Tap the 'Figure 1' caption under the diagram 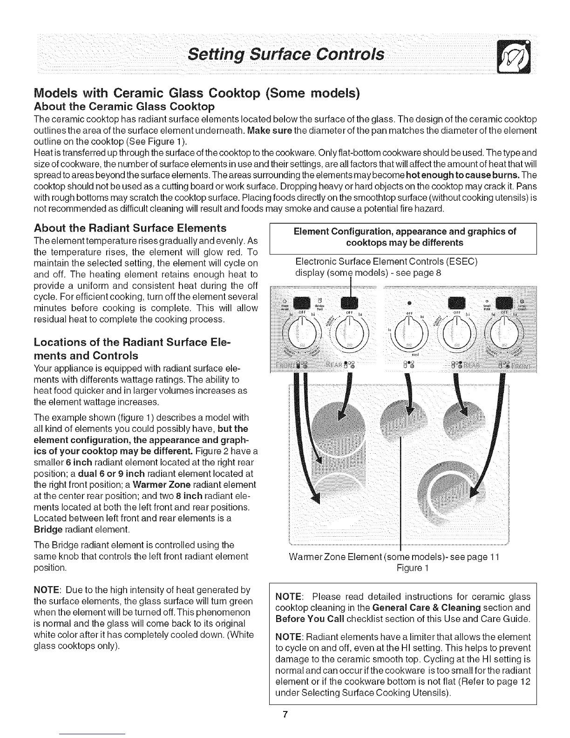[x=412, y=568]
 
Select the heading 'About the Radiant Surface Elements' [x=130, y=228]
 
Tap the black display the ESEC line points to [x=348, y=303]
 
